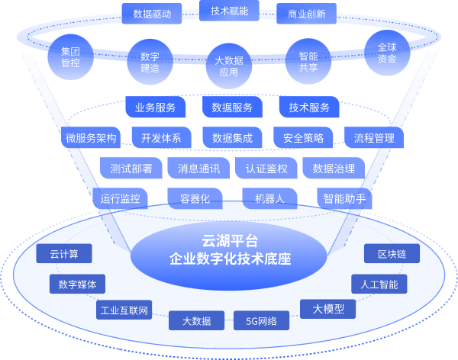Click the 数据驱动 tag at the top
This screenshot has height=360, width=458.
pos(152,13)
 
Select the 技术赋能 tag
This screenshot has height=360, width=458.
pos(230,10)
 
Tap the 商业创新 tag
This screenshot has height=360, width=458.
pos(306,13)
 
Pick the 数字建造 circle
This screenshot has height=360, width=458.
pos(150,62)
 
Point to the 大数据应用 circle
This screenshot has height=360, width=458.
pos(229,66)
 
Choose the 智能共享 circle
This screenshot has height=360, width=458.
pos(308,62)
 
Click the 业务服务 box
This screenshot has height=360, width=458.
pos(156,108)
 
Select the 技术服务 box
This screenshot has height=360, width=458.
pos(309,108)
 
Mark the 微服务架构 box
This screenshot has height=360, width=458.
pos(91,138)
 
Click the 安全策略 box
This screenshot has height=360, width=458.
pos(303,138)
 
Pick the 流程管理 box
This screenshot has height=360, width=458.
pos(374,138)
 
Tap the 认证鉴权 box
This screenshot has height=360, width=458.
pos(266,169)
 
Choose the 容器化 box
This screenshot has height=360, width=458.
pos(195,199)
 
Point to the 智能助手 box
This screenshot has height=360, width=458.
pos(344,199)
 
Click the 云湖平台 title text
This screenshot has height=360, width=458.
pos(230,241)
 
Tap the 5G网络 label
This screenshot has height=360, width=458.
pos(261,321)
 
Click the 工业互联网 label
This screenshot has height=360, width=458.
pos(124,310)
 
